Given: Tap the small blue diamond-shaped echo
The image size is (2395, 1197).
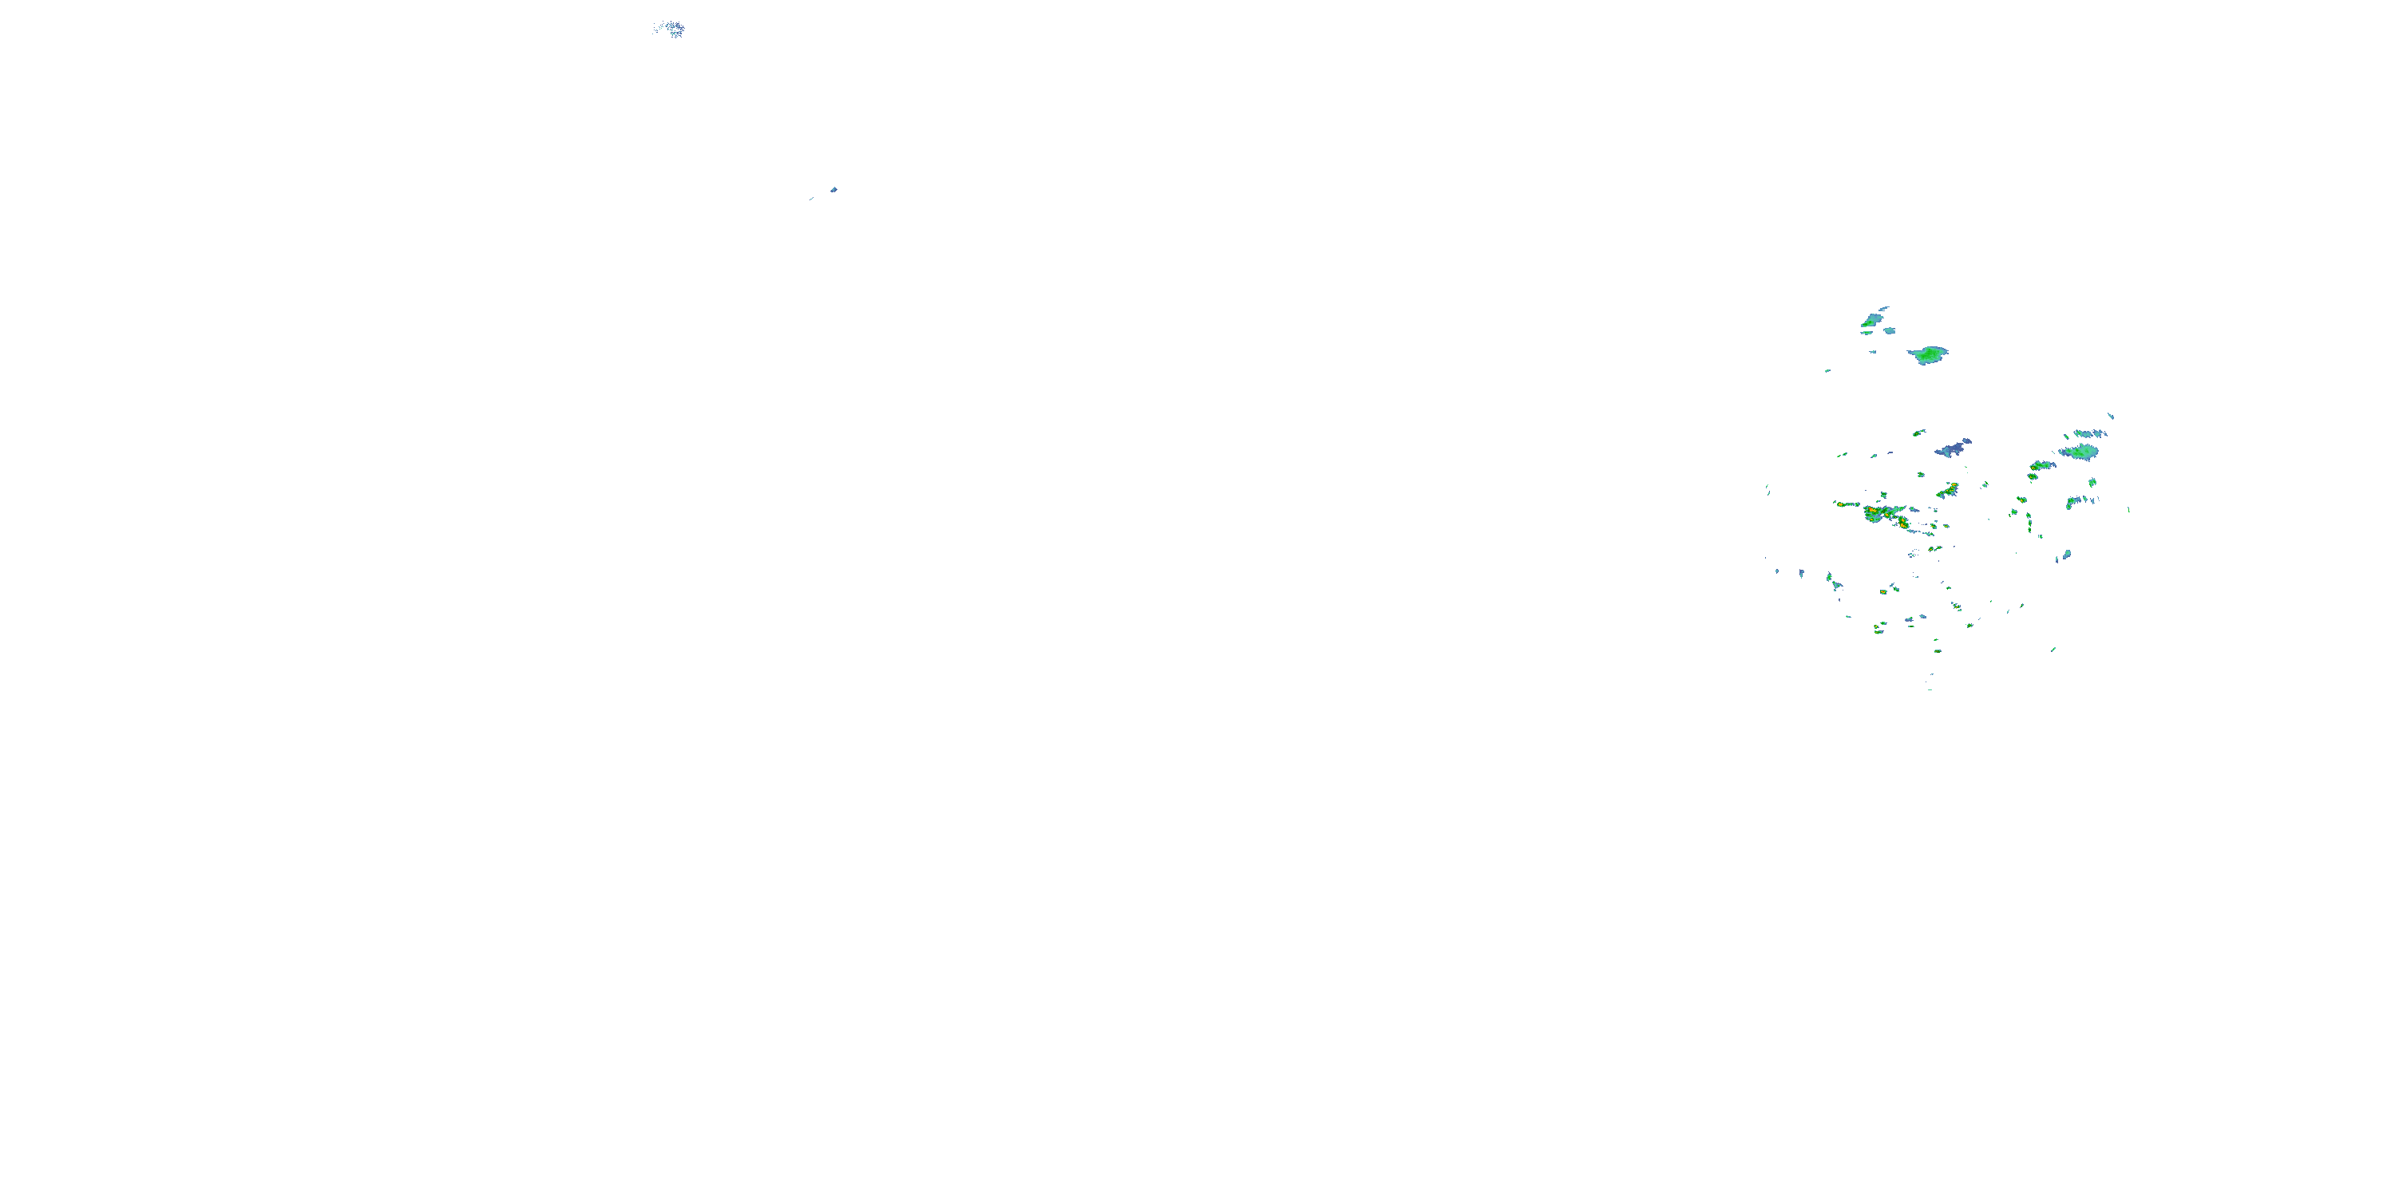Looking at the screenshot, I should [x=834, y=190].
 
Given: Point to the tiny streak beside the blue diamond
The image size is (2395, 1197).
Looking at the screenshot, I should [x=812, y=198].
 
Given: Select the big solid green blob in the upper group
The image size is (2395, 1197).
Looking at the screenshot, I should [x=1928, y=354].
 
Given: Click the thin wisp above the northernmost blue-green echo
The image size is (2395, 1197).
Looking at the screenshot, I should [x=1883, y=309].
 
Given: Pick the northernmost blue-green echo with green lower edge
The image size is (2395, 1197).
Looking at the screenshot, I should [x=1870, y=321].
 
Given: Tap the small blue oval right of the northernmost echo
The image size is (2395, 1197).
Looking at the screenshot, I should [x=1890, y=330].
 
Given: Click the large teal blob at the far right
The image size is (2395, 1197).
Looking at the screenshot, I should [x=2079, y=452].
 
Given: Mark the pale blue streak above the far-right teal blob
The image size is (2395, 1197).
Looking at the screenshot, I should [x=2088, y=434].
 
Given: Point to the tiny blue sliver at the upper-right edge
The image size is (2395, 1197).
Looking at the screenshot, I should [x=2111, y=416].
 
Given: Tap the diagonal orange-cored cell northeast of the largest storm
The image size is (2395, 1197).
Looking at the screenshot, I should [x=1947, y=490].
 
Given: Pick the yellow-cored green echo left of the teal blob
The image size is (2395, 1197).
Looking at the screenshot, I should [x=2041, y=464].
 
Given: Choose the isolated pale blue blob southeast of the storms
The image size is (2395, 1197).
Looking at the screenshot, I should [x=2067, y=555].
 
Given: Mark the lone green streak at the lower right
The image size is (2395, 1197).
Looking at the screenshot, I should [x=2053, y=650].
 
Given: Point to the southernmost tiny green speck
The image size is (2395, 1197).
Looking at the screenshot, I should [x=1930, y=689].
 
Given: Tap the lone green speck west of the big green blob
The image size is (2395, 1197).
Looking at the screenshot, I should [x=1828, y=370].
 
